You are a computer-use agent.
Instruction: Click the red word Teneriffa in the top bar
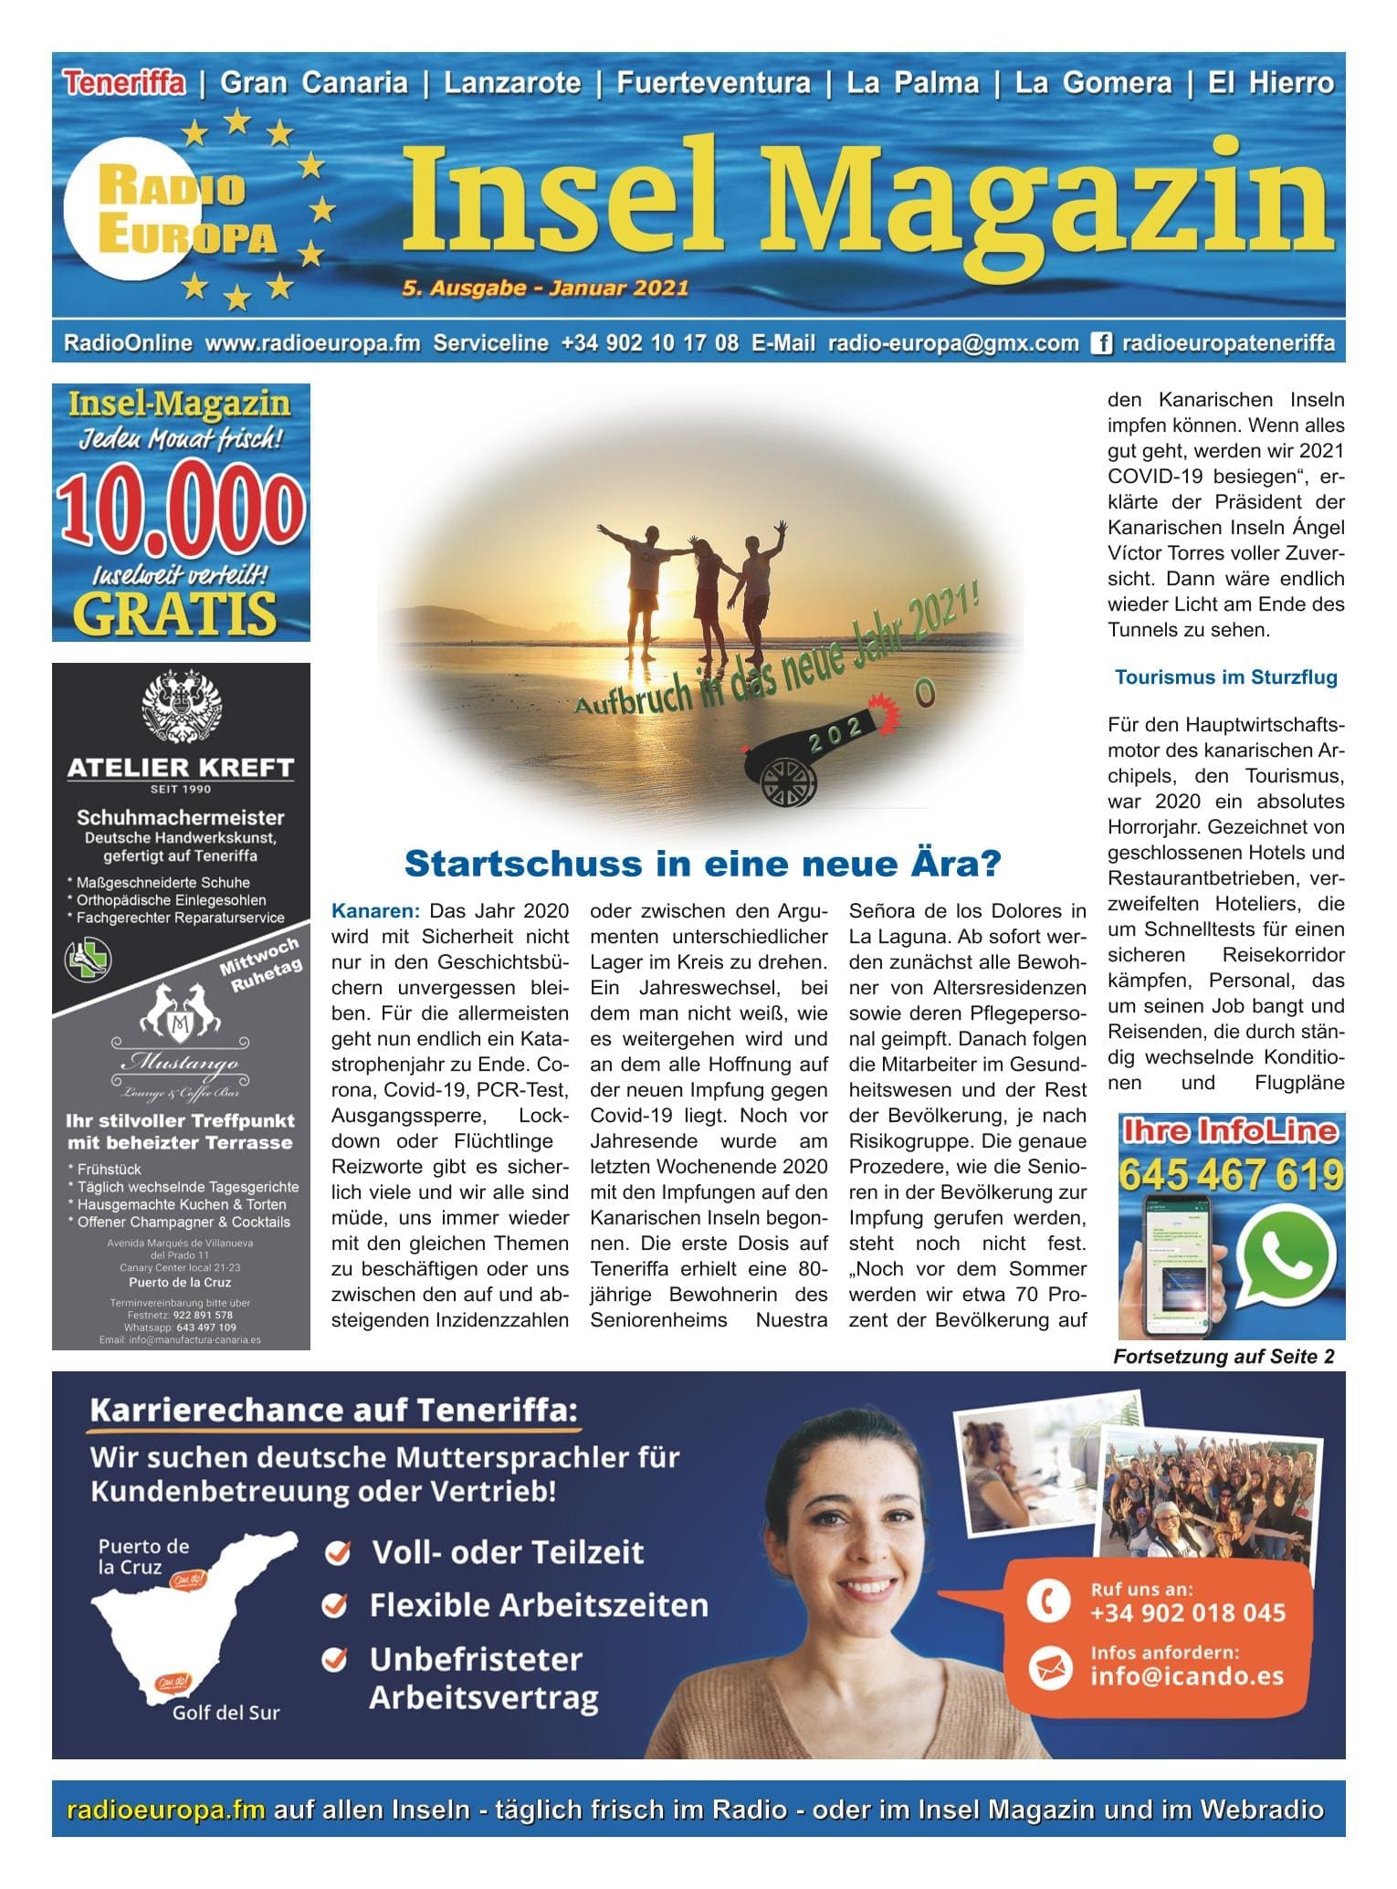pos(124,83)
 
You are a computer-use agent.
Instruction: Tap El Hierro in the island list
pos(1271,83)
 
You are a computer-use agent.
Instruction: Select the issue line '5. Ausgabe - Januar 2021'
pos(544,289)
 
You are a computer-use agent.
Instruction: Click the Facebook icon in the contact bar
pos(1102,343)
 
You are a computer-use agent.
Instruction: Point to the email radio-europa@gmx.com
pos(953,343)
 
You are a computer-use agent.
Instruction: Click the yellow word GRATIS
pos(175,613)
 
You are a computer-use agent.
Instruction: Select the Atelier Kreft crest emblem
pos(180,708)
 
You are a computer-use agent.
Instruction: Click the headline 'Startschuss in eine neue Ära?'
pos(702,863)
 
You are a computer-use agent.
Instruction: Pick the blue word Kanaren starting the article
pos(375,911)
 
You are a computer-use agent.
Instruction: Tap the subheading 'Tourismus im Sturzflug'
pos(1225,677)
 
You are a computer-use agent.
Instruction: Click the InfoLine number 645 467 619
pos(1231,1174)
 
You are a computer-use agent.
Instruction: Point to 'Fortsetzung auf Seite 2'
pos(1224,1357)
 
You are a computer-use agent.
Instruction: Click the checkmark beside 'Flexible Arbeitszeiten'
pos(337,1604)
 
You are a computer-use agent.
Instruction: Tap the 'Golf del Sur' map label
pos(226,1712)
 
